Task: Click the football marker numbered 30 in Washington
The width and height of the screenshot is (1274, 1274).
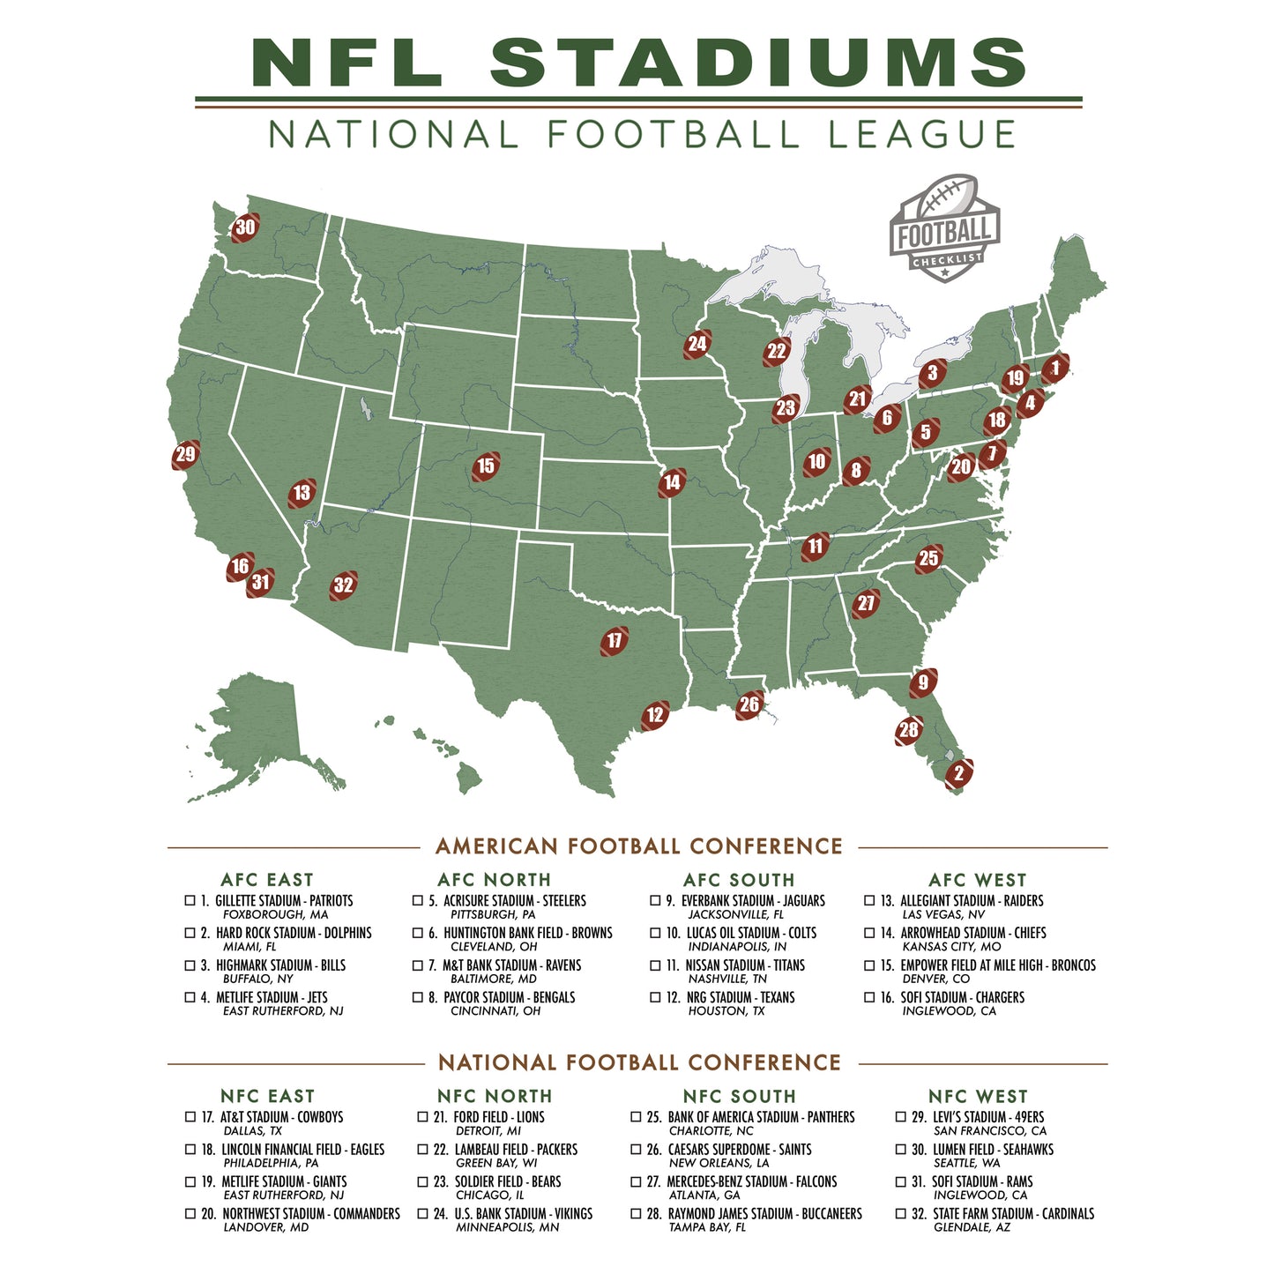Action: [x=245, y=227]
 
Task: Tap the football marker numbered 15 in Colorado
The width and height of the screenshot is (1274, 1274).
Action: [x=486, y=466]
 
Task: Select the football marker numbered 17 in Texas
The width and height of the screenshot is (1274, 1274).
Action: [x=615, y=641]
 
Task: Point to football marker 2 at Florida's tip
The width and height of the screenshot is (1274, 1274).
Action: [x=958, y=774]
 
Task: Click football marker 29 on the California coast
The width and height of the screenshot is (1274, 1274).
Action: [x=185, y=455]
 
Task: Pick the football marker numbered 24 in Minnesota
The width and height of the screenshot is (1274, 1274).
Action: [x=697, y=344]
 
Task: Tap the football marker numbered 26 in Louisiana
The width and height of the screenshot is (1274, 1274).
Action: [x=749, y=704]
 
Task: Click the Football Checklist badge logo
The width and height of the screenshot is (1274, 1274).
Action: [x=944, y=228]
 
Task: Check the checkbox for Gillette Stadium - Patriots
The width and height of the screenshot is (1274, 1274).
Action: [x=190, y=900]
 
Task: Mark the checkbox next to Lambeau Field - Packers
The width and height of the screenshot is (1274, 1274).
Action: [x=422, y=1150]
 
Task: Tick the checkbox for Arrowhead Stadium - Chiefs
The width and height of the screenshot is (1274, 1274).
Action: [x=869, y=933]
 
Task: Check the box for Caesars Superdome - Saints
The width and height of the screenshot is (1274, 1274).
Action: [x=636, y=1150]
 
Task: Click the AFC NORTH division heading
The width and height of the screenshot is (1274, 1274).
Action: [x=494, y=880]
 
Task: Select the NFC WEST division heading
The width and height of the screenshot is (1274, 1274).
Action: [x=978, y=1096]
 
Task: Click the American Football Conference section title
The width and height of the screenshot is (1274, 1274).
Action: [x=639, y=846]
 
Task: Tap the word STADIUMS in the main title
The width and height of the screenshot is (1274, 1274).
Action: [x=758, y=63]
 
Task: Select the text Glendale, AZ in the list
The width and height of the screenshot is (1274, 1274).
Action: [x=971, y=1227]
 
